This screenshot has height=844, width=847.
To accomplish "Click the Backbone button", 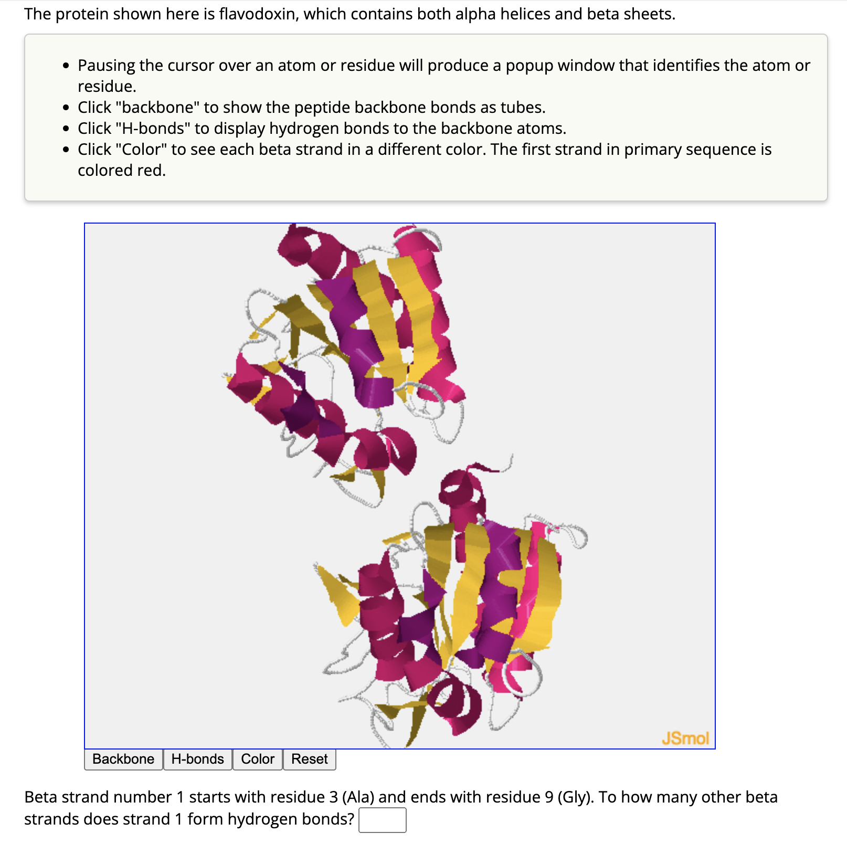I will [123, 759].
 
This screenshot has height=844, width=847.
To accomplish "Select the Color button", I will [257, 759].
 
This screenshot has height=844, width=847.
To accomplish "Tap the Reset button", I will [309, 759].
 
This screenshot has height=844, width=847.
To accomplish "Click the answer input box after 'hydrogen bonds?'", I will [382, 820].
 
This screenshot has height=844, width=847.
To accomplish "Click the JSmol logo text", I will [685, 738].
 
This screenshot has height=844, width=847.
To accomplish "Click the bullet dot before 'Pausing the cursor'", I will [66, 66].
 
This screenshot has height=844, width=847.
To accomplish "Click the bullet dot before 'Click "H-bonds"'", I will [66, 129].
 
